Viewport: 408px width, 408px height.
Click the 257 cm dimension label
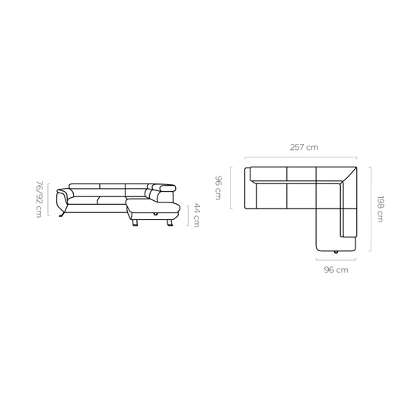click(x=304, y=147)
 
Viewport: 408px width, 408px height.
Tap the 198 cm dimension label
click(x=380, y=209)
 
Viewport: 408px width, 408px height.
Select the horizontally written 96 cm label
click(x=336, y=269)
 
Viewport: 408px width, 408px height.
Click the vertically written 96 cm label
click(x=218, y=188)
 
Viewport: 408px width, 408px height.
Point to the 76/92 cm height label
click(x=39, y=199)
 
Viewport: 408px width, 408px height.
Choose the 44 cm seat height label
click(x=196, y=215)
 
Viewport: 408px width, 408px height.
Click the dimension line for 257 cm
click(x=301, y=157)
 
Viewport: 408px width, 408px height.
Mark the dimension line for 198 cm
click(x=371, y=209)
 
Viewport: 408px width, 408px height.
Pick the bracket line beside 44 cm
click(x=187, y=215)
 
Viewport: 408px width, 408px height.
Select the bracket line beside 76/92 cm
click(x=49, y=199)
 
